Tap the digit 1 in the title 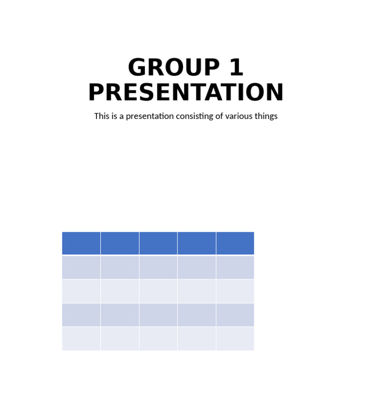[236, 68]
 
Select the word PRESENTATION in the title [186, 92]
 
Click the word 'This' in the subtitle [102, 116]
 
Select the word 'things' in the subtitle [264, 116]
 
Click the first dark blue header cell [81, 243]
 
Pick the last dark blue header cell [235, 243]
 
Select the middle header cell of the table [158, 243]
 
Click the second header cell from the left [120, 243]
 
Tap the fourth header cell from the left [197, 243]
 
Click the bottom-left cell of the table [81, 339]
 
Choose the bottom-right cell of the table [235, 339]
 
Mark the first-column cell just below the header [81, 267]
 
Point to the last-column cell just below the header [235, 267]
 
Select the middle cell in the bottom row [158, 339]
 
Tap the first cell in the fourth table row [81, 315]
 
